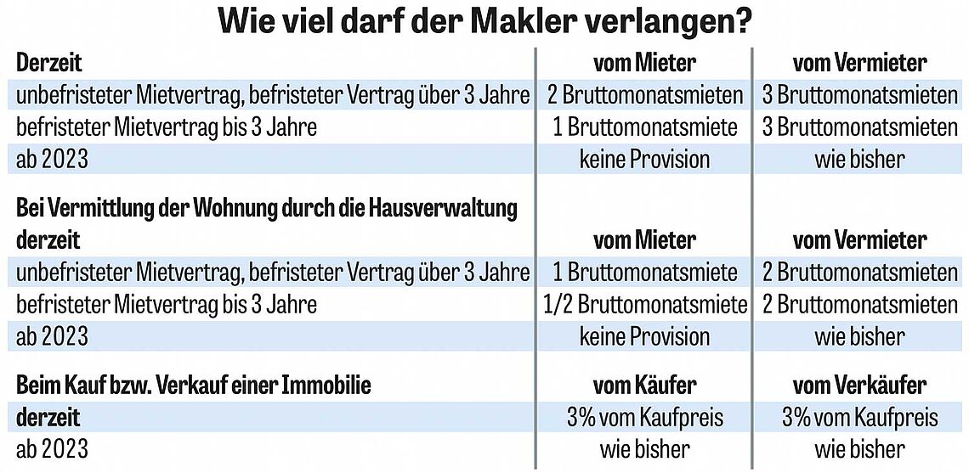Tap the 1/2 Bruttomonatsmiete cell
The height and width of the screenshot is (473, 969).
[644, 304]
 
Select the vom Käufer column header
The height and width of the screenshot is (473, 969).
[644, 386]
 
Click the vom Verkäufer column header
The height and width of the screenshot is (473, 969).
[859, 386]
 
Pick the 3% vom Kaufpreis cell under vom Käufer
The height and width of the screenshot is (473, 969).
[644, 417]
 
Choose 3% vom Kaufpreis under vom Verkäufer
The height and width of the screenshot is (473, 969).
[859, 417]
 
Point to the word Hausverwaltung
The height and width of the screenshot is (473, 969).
[445, 208]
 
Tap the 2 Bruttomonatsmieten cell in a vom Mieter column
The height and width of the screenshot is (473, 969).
[644, 95]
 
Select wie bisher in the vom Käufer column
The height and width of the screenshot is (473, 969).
[644, 448]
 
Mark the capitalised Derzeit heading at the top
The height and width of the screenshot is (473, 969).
[49, 64]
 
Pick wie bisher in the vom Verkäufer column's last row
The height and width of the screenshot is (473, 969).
[859, 448]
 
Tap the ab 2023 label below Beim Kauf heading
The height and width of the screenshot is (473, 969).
[52, 448]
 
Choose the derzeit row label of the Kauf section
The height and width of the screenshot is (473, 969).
[48, 417]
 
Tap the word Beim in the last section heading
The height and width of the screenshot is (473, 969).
[37, 386]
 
